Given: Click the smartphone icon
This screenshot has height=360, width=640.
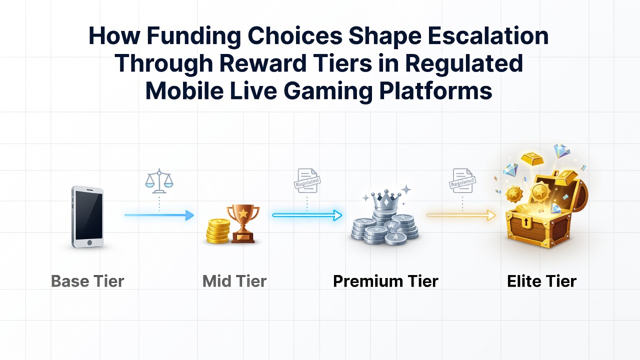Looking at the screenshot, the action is click(x=87, y=217).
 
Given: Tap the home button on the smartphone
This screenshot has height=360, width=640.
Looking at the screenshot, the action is click(x=89, y=242).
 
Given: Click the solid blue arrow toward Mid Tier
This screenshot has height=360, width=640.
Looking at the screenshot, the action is click(x=159, y=215).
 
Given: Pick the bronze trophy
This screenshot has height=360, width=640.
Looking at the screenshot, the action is click(x=243, y=223).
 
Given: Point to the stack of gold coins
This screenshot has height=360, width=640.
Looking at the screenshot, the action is click(x=218, y=231).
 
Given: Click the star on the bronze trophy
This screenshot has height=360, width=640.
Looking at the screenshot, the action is click(x=243, y=213).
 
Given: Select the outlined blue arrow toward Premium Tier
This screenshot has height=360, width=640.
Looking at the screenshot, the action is click(x=307, y=215).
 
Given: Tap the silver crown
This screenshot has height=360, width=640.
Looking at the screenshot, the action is click(x=385, y=199).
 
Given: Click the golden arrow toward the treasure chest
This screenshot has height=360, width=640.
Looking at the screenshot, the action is click(x=461, y=215).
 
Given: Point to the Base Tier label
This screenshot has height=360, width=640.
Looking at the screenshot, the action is click(x=87, y=281).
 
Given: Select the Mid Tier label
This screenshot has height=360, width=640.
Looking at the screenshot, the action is click(x=234, y=281).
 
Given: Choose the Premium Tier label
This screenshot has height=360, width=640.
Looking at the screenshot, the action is click(x=385, y=281).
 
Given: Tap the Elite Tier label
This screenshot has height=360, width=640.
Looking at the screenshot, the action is click(x=541, y=281).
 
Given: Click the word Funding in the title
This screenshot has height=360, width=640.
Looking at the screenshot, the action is click(x=193, y=36).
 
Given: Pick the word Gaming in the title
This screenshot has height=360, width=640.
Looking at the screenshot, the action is click(x=328, y=91).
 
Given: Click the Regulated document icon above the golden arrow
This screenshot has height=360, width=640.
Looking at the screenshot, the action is click(x=462, y=180).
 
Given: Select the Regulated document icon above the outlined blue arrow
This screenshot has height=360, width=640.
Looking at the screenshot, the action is click(x=307, y=180).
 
